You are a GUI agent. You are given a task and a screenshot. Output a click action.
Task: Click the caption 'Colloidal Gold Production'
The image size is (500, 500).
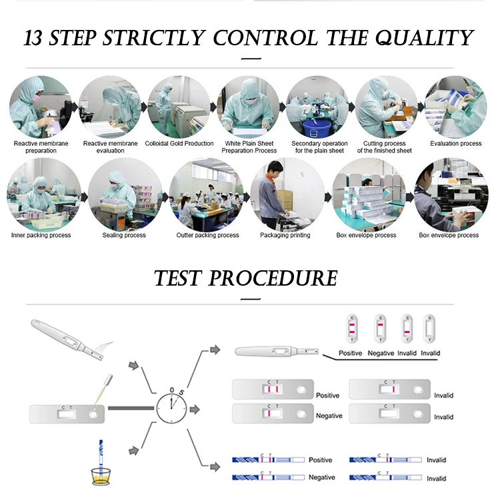coord(179,143)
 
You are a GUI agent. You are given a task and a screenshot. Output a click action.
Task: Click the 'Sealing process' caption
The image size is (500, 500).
coord(124,235)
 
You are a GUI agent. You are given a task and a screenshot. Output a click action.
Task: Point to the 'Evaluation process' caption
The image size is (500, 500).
coord(455,143)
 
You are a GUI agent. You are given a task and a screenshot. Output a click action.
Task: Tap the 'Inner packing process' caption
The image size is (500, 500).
coord(41,235)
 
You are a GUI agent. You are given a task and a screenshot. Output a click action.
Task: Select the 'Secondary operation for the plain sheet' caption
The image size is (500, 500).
coord(319,146)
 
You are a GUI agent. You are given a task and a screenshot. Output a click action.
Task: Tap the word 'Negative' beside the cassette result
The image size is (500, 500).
coord(329,415)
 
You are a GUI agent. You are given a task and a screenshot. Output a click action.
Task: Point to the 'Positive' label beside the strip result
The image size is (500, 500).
coord(320,460)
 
